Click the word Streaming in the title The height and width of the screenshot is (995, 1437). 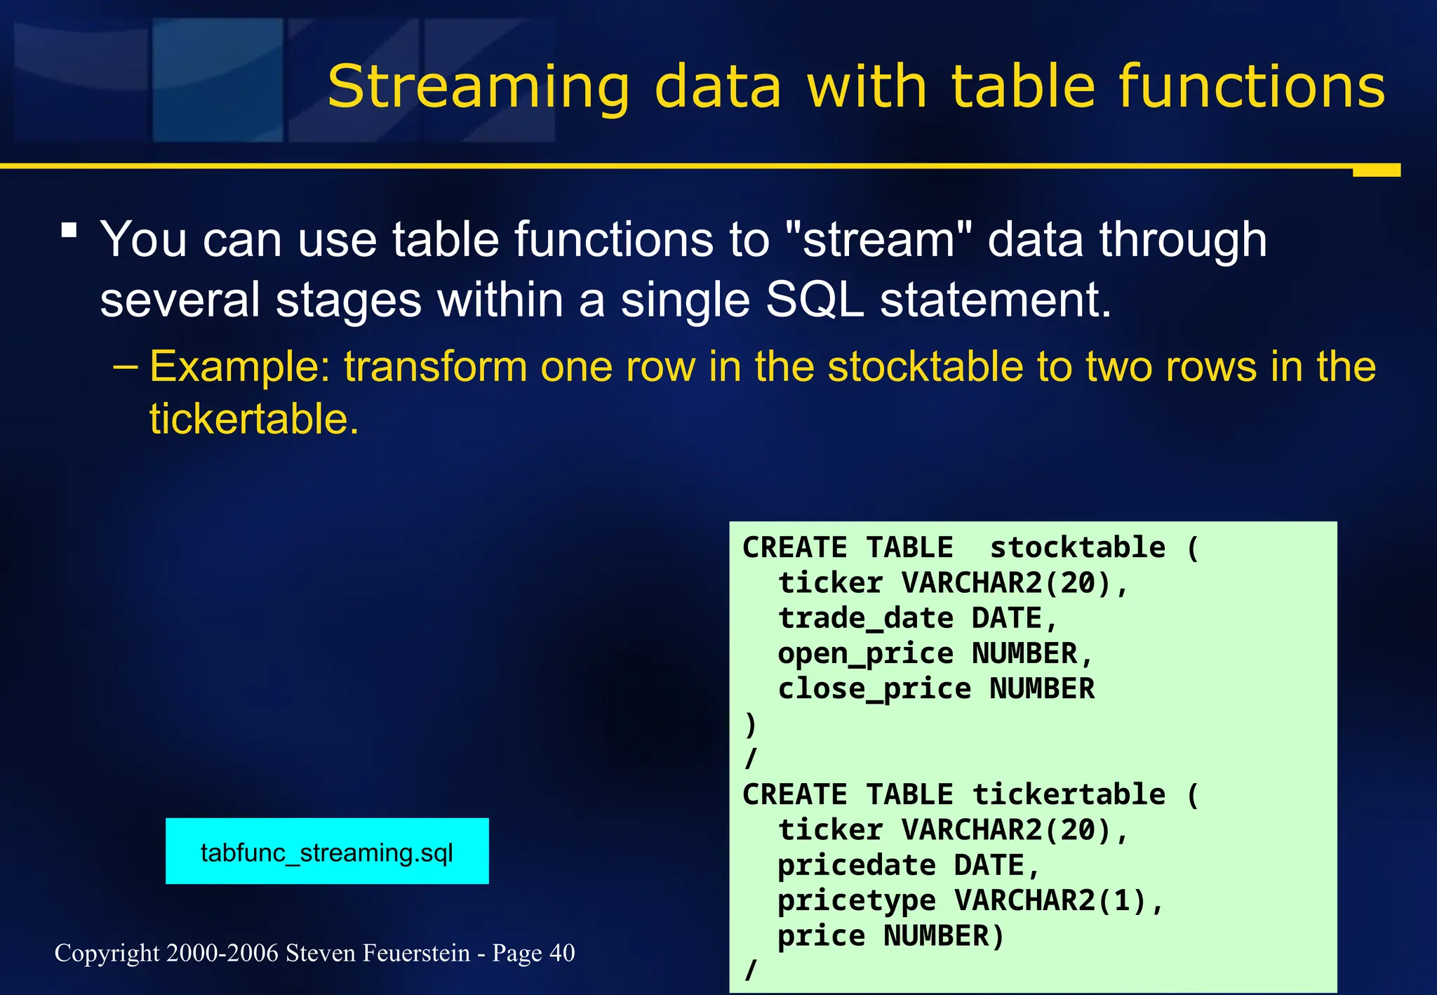coord(479,88)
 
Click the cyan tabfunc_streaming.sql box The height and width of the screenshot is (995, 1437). coord(327,851)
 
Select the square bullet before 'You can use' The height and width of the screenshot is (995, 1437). coord(69,231)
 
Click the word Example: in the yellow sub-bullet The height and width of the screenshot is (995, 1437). coord(240,366)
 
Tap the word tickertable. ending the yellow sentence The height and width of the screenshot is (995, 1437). coord(254,419)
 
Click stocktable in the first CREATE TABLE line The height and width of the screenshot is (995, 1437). coord(1077,547)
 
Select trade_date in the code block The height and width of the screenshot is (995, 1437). coord(865,618)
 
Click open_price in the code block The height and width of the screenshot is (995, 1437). coord(865,654)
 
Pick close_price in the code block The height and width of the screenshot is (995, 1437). coord(874,689)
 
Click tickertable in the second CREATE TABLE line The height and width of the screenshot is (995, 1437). coord(1068,794)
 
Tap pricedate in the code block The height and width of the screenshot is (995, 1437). coord(856,865)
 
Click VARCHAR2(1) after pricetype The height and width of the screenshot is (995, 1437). coord(1050,900)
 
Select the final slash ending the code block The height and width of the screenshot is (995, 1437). coord(751,970)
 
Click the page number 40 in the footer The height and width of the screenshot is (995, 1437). coord(562,953)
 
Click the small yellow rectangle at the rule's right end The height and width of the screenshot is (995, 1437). coord(1376,171)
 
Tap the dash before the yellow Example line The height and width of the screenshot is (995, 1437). coord(126,366)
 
